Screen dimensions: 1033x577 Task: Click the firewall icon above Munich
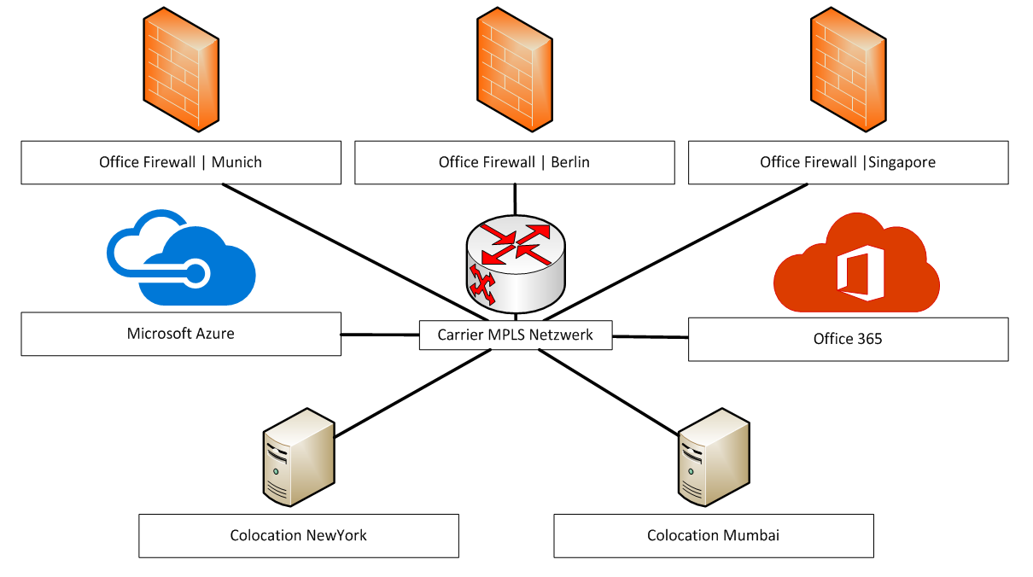(x=181, y=69)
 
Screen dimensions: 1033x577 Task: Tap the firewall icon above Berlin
(x=515, y=69)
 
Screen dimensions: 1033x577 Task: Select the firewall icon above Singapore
(x=848, y=69)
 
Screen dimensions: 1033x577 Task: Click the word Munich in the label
(x=236, y=162)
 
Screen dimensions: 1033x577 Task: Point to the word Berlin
(x=570, y=162)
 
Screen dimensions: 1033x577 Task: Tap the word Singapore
(x=902, y=162)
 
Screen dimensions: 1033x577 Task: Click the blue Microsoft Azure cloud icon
(x=181, y=258)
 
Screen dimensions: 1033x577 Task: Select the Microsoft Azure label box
(x=181, y=334)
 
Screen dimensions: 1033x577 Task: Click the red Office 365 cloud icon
(x=856, y=262)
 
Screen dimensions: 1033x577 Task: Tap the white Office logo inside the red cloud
(x=861, y=272)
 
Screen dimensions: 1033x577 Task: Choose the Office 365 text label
(x=848, y=339)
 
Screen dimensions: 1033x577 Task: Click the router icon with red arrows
(x=516, y=264)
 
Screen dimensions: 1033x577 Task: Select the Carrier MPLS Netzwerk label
(x=516, y=335)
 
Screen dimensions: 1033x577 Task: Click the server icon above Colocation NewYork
(x=299, y=458)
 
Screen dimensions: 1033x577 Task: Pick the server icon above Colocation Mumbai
(x=714, y=458)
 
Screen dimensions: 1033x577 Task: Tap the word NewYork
(x=336, y=535)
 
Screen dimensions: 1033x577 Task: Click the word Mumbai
(x=751, y=535)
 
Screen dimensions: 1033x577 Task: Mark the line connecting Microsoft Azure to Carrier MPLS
(x=380, y=335)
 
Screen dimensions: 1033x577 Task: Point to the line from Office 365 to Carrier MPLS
(x=651, y=337)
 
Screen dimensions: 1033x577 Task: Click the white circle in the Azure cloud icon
(x=196, y=274)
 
